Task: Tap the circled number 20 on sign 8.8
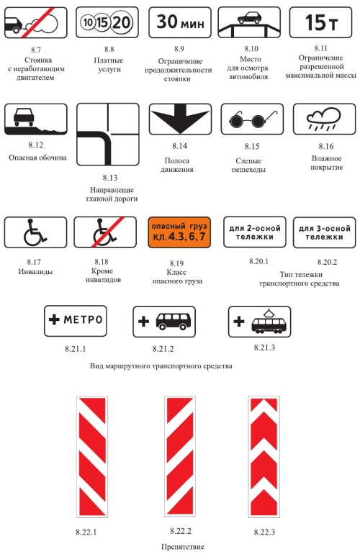122,22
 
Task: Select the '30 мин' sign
180,22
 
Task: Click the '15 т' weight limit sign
320,22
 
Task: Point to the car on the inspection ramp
248,18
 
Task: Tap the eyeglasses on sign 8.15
252,119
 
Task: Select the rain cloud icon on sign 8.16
324,119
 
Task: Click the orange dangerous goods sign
179,232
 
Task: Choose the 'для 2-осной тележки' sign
255,232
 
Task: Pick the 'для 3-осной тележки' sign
324,232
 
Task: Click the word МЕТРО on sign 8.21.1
83,319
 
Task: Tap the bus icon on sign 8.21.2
173,321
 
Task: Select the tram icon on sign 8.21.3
268,321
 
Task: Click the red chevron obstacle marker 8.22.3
264,457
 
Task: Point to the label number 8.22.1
86,532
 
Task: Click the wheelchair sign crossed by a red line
105,232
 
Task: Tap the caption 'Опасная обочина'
37,158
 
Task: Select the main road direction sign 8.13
108,135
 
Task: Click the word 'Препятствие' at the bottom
183,547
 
